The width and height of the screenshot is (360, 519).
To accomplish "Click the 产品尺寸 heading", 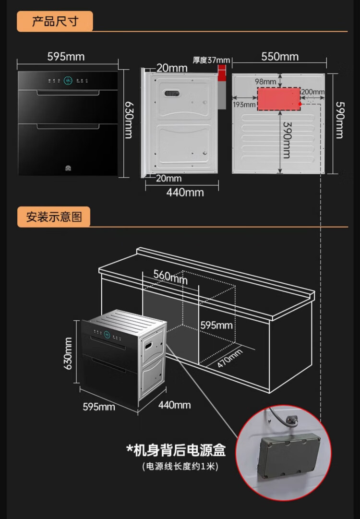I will pos(55,22).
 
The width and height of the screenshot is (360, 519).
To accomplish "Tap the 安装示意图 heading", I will pos(54,217).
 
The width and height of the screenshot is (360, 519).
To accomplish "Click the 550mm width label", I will pos(280,57).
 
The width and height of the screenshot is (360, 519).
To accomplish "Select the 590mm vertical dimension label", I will pos(339,120).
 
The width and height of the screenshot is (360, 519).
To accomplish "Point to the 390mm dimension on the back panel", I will pos(287,139).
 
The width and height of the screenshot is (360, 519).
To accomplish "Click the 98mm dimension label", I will pos(265,82).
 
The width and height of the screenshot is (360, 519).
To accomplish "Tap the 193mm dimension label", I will pos(243,105).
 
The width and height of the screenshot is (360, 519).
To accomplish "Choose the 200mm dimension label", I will pos(313,92).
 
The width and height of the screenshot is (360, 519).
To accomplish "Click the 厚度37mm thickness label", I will pos(211,60).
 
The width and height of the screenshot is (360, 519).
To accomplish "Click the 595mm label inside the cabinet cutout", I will pos(216,326).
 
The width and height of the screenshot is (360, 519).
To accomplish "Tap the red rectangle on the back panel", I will pos(279,99).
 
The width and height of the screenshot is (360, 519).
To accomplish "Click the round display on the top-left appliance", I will pos(68,81).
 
